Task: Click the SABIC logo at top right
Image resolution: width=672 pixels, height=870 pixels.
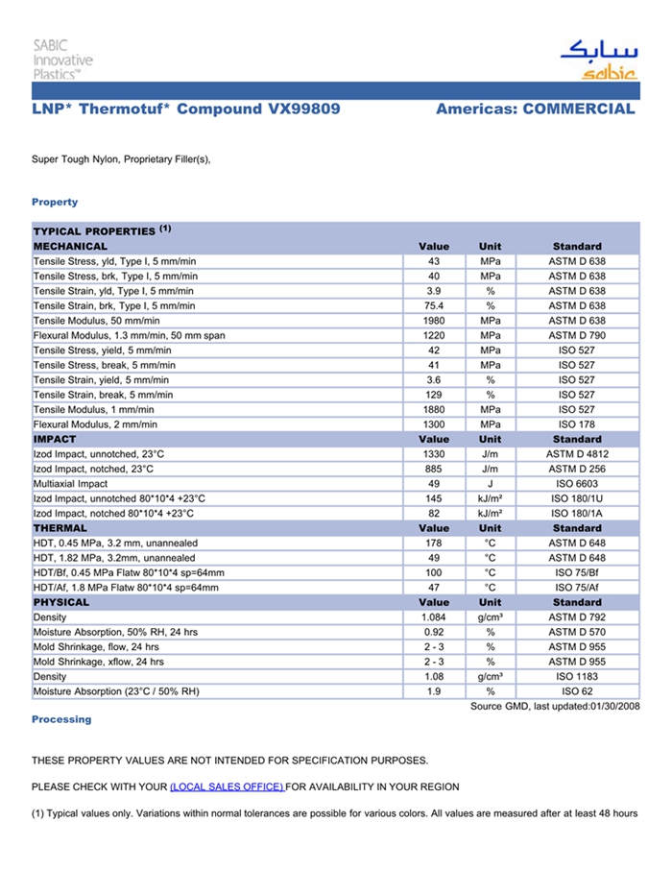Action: click(x=598, y=60)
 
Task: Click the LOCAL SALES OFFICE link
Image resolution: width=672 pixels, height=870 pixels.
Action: click(x=227, y=787)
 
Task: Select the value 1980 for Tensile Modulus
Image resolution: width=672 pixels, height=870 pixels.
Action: click(x=433, y=321)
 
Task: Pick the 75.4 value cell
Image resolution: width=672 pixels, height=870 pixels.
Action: click(x=433, y=305)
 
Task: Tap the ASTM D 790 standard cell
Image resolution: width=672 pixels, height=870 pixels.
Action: click(x=577, y=335)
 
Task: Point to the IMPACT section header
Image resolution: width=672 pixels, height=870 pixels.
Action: click(x=55, y=439)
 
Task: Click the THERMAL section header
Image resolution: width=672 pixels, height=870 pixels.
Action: click(x=60, y=528)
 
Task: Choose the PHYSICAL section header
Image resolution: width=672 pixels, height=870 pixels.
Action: click(x=61, y=602)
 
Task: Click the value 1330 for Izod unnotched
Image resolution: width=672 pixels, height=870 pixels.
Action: click(x=433, y=454)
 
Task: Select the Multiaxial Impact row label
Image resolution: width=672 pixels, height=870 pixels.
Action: click(x=70, y=484)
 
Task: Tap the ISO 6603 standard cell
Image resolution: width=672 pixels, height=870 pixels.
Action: click(x=577, y=484)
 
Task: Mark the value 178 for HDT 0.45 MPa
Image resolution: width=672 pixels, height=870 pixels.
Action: click(x=433, y=544)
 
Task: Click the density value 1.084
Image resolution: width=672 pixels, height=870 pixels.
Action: click(x=433, y=617)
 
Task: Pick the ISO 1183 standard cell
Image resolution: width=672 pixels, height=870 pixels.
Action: click(x=577, y=677)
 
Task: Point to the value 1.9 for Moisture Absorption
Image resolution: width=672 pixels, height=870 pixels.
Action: click(x=433, y=691)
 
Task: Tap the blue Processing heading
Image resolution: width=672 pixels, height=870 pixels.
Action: click(x=61, y=719)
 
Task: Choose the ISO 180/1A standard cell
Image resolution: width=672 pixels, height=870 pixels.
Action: click(x=577, y=514)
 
